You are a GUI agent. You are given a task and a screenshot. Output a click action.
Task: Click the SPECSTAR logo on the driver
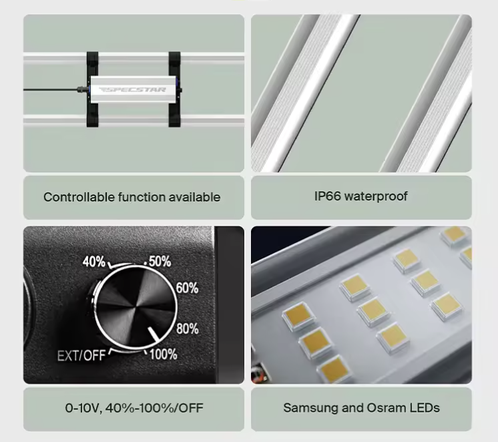click(x=132, y=89)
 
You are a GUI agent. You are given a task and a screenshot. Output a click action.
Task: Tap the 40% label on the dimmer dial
click(x=93, y=262)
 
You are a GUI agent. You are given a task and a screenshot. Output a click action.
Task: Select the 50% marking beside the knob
click(x=160, y=261)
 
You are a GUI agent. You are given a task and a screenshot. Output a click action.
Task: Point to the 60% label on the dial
click(x=187, y=288)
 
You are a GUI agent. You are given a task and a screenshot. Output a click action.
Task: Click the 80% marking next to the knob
click(x=188, y=328)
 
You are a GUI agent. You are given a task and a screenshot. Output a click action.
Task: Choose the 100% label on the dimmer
click(x=164, y=355)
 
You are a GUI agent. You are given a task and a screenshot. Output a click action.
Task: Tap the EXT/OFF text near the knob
click(x=81, y=356)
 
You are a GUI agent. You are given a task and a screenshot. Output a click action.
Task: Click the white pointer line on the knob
click(x=154, y=335)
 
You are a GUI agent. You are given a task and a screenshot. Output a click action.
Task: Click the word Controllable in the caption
click(x=79, y=197)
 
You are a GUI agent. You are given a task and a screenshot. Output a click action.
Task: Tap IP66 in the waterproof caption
click(x=328, y=196)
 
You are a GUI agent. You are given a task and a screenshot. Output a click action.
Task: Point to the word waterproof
click(x=376, y=197)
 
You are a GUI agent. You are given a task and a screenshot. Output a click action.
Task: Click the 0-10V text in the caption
click(x=83, y=408)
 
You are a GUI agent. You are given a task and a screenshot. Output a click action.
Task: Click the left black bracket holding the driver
click(x=92, y=89)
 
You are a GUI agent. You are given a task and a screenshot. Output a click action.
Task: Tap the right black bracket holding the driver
click(x=175, y=89)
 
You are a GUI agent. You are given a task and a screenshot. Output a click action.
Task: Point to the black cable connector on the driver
click(x=82, y=89)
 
